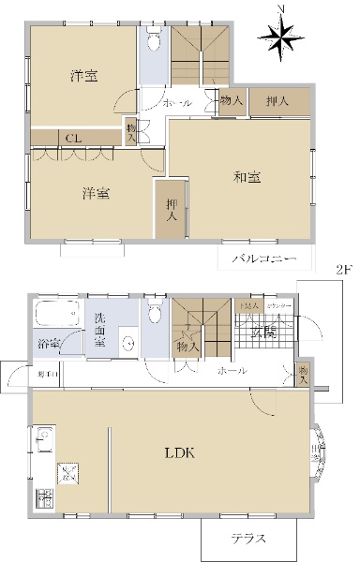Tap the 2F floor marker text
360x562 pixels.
click(x=343, y=269)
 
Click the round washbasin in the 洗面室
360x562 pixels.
click(x=127, y=343)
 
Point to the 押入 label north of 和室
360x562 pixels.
click(x=276, y=101)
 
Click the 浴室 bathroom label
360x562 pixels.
click(x=50, y=345)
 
